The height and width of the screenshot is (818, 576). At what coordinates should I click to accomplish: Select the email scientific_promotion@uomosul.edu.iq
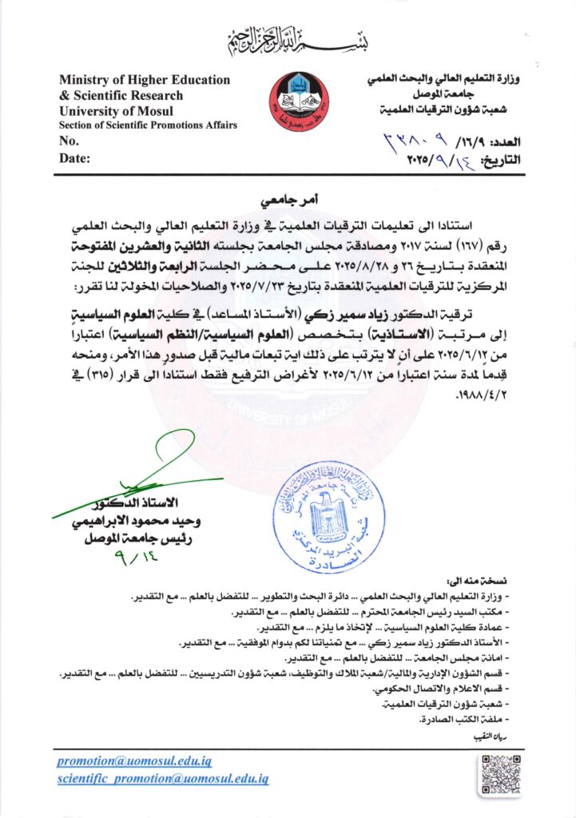(x=163, y=778)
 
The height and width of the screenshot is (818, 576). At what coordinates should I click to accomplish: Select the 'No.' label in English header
(x=70, y=141)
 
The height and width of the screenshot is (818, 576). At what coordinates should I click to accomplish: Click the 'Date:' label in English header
(x=74, y=158)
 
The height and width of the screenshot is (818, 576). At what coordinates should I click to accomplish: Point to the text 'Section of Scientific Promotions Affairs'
(x=148, y=125)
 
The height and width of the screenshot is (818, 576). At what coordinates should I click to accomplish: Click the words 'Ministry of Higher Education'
(x=144, y=80)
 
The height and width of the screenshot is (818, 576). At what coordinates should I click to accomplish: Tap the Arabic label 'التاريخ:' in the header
(x=502, y=161)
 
